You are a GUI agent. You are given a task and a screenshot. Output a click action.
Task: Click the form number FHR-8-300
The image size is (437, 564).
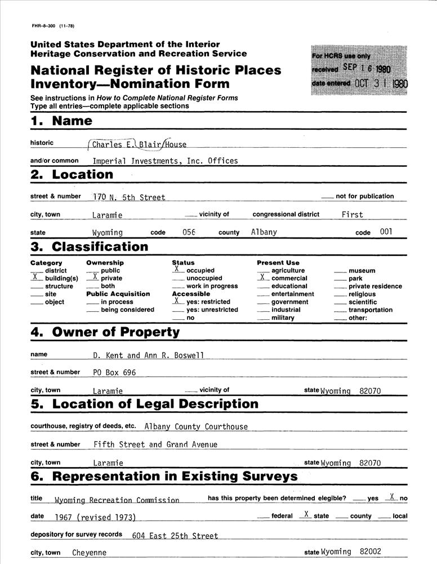[x=52, y=26]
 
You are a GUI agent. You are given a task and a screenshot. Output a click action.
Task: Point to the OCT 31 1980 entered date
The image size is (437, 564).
[x=381, y=83]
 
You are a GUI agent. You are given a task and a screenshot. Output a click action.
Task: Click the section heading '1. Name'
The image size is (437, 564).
[x=61, y=121]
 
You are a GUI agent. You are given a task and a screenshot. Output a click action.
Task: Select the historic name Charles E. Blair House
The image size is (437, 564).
[x=139, y=144]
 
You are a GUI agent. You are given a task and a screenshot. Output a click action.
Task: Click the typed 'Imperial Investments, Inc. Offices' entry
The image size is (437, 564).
[x=165, y=161]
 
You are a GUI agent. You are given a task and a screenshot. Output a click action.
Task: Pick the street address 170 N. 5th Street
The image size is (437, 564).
[x=129, y=197]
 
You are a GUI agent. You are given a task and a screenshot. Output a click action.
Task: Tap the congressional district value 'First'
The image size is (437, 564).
[x=352, y=214]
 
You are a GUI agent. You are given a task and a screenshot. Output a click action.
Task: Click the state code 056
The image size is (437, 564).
[x=189, y=232]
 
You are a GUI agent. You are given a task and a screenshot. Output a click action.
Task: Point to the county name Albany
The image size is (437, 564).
[x=264, y=232]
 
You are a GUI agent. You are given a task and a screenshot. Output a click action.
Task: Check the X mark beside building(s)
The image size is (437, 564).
[x=35, y=277]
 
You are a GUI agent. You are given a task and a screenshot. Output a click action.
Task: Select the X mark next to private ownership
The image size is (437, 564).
[x=95, y=277]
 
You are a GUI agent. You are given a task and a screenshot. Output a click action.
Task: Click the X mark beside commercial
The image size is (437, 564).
[x=262, y=277]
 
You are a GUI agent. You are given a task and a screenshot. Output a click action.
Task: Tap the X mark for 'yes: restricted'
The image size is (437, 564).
[x=176, y=301]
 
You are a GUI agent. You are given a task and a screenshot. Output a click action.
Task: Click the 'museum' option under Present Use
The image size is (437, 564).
[x=362, y=271]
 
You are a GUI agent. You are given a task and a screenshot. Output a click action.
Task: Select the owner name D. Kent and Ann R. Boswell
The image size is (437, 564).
[x=149, y=355]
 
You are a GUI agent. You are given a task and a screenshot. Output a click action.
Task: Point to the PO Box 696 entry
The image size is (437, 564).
[x=114, y=372]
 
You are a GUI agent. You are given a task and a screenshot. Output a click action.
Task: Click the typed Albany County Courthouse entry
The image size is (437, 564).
[x=196, y=427]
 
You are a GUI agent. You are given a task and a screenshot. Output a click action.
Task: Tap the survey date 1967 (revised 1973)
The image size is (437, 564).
[x=95, y=517]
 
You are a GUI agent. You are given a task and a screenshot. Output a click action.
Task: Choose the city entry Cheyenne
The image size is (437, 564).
[x=89, y=553]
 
